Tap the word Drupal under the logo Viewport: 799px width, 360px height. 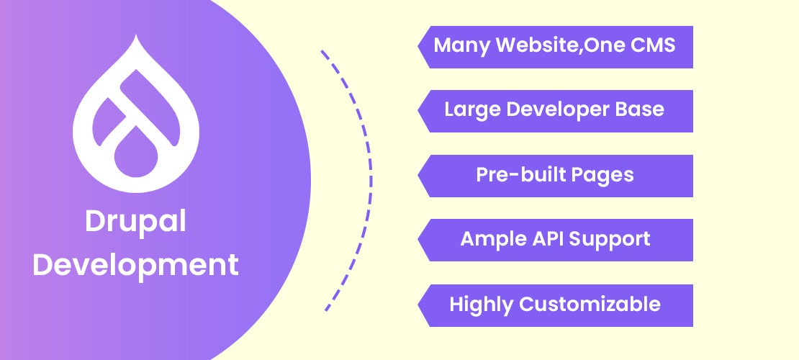coord(136,222)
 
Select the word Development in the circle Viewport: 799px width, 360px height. coord(136,266)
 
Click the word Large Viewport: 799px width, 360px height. coord(469,109)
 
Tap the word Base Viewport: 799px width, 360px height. coord(641,109)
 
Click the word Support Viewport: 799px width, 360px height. coord(612,240)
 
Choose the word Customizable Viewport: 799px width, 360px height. coord(590,304)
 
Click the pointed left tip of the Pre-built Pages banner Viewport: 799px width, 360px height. coord(420,176)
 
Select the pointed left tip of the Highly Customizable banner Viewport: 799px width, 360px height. coord(420,305)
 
